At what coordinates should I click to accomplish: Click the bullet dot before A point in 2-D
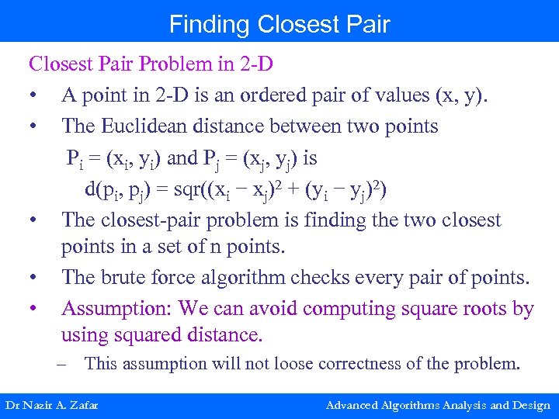click(33, 95)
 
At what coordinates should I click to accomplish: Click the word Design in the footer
click(532, 405)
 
